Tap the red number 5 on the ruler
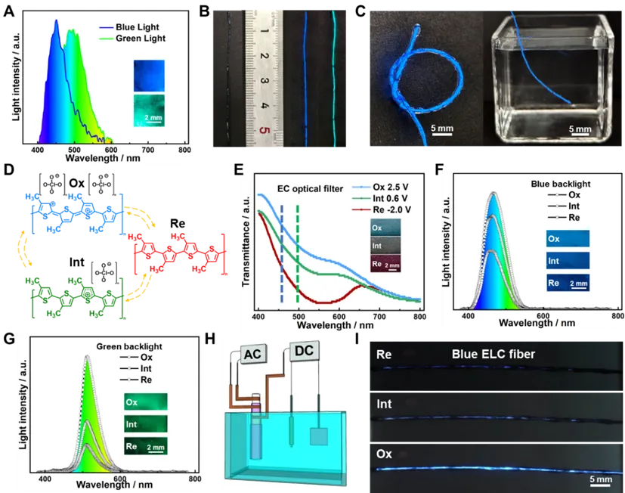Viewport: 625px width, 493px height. (x=264, y=129)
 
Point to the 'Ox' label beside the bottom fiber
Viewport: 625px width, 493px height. (x=384, y=454)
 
